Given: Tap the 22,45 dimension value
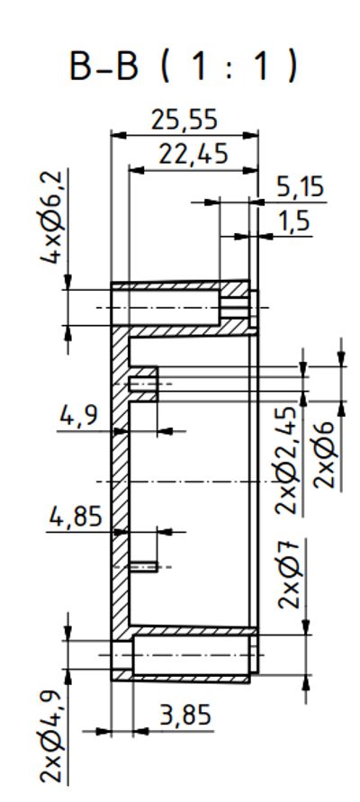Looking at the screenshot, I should (x=193, y=155).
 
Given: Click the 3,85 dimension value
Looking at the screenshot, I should (x=185, y=716).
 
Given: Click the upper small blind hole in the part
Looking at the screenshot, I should (x=143, y=384).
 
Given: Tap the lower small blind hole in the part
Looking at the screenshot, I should (x=144, y=566).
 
